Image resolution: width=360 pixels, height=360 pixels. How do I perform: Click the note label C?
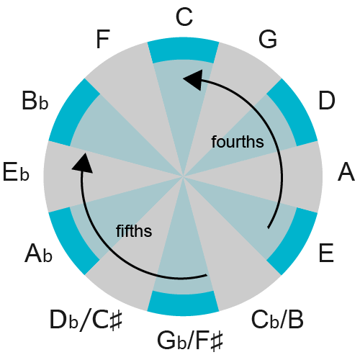click(x=184, y=17)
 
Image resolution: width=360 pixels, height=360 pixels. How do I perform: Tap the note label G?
click(x=268, y=40)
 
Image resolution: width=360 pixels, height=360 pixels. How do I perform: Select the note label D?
click(x=327, y=102)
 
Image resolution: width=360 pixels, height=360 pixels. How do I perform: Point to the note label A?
click(x=346, y=173)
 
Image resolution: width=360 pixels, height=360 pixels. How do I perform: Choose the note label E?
click(x=326, y=253)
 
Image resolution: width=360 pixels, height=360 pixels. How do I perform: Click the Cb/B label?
click(x=277, y=318)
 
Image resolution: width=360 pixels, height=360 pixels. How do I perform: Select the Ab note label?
click(x=37, y=253)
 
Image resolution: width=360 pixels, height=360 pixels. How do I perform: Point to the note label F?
click(x=103, y=40)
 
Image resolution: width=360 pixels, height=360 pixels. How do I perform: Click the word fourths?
click(x=238, y=142)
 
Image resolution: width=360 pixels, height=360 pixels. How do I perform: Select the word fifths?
click(x=134, y=230)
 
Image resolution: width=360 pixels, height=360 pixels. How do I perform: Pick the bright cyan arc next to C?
click(x=183, y=50)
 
